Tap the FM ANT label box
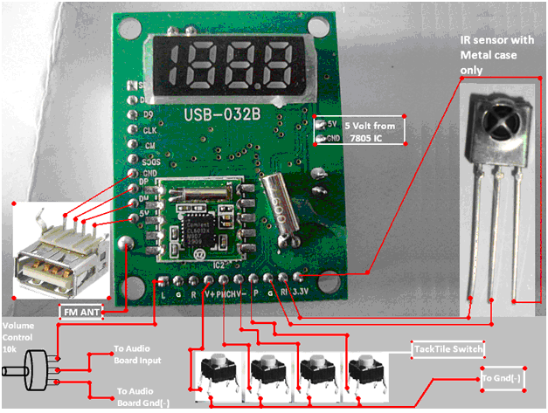coord(86,311)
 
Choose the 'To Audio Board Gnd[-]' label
coord(145,396)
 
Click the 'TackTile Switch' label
coord(447,350)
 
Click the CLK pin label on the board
coord(149,129)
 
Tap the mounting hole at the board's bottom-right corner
coord(329,281)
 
